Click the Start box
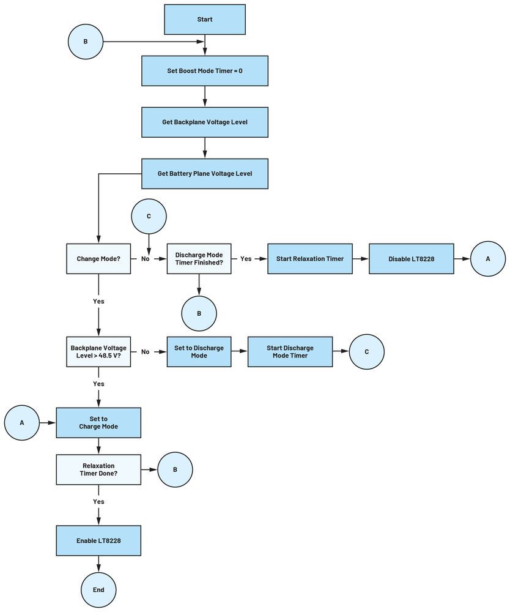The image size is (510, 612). click(204, 20)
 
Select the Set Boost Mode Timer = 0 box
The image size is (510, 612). click(204, 71)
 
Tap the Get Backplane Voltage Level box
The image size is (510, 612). click(204, 122)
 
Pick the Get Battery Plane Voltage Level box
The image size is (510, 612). click(204, 174)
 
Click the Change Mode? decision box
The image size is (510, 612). click(98, 259)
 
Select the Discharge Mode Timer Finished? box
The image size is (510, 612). click(199, 259)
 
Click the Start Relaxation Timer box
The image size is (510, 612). click(309, 259)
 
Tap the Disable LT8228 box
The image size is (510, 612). click(412, 259)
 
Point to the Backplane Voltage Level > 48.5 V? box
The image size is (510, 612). click(98, 352)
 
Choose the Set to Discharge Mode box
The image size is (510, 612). click(199, 352)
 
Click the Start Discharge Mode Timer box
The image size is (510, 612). click(290, 352)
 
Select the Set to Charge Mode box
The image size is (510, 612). click(98, 423)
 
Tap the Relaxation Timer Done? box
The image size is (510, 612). click(98, 469)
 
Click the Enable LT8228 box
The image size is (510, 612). click(98, 540)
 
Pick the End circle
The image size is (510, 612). click(98, 590)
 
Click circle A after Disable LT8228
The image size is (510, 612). click(487, 259)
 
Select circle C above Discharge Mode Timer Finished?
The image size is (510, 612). click(149, 216)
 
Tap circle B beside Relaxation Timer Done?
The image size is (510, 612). click(175, 470)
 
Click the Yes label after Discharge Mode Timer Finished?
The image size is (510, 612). click(246, 259)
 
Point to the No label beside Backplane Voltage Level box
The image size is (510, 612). click(146, 352)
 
